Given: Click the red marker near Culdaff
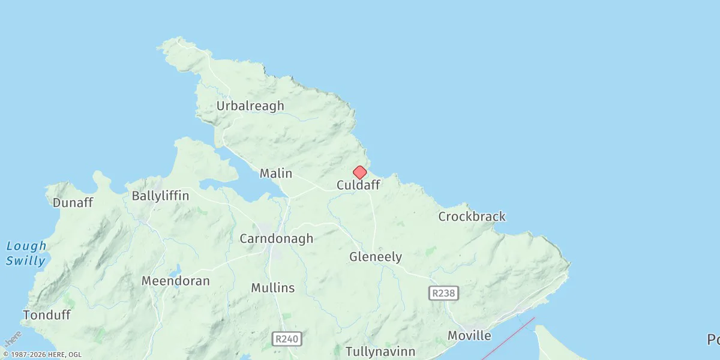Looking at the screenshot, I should tap(359, 173).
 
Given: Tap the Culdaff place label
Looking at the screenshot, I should tap(358, 185).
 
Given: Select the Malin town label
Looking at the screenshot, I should tap(276, 173).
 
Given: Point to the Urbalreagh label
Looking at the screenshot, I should tap(250, 106).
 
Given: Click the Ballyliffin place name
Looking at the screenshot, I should tap(160, 196).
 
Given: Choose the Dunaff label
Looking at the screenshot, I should tap(73, 203).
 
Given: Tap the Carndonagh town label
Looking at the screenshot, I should tap(277, 239).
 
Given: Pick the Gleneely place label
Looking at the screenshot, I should tap(376, 257).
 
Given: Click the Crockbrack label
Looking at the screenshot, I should tap(472, 217).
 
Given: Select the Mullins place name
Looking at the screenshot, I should tap(273, 288).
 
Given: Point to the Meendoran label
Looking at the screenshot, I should tap(176, 281).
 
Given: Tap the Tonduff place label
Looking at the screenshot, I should tap(47, 315).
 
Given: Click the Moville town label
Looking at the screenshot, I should tap(469, 335).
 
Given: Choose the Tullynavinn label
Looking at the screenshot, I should tap(380, 351).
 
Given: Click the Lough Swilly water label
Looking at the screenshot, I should tap(26, 253).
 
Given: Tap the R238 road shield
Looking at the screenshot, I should tap(444, 293).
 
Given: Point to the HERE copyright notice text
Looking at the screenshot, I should tap(42, 355).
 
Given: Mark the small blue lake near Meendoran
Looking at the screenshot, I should tap(178, 268).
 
